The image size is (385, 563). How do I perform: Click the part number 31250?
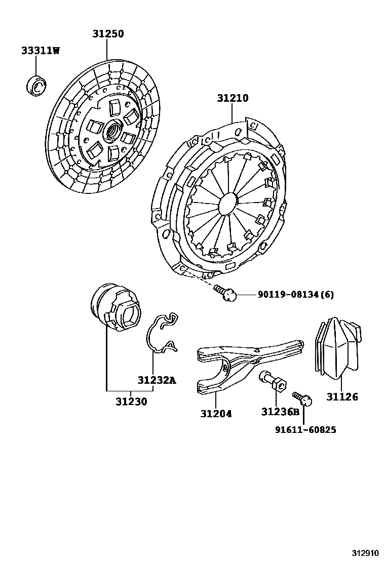(x=108, y=34)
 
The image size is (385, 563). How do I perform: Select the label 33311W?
(x=40, y=50)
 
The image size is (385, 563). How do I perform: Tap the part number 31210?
(x=233, y=98)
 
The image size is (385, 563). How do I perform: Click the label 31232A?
(x=157, y=380)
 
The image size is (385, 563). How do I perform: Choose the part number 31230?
(x=131, y=401)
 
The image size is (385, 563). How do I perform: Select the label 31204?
(x=216, y=413)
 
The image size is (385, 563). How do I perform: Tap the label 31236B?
(x=280, y=412)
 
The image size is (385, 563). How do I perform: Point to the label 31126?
(x=342, y=397)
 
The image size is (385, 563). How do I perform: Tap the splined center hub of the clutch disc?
(x=112, y=133)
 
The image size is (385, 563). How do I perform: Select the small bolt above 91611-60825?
(x=302, y=399)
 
